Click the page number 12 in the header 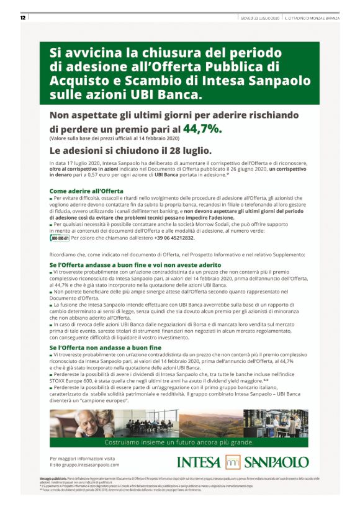[x=22, y=17]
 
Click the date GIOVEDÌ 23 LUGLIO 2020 [x=259, y=17]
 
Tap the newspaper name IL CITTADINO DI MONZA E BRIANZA [x=313, y=17]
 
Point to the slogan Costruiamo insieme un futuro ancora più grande [x=180, y=442]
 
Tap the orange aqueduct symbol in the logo [x=232, y=462]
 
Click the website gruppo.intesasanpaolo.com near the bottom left [x=84, y=464]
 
